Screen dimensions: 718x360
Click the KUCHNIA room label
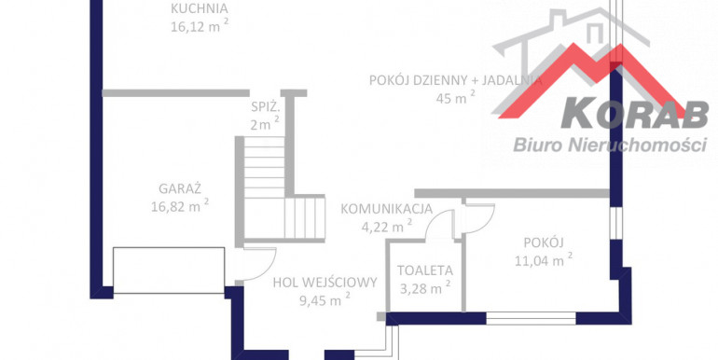[x=200, y=8]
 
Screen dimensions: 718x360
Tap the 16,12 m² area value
[x=200, y=26]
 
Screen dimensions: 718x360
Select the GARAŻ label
[x=180, y=188]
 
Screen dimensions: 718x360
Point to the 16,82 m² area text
[x=180, y=206]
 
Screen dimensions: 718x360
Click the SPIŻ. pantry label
[x=265, y=107]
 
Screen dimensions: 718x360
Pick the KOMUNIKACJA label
[x=386, y=209]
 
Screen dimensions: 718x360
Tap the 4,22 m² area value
[x=386, y=227]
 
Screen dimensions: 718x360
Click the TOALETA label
[x=425, y=270]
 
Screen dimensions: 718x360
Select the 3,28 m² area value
[x=425, y=288]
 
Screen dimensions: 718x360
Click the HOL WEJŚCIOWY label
[x=325, y=283]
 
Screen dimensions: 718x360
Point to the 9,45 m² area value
[x=325, y=300]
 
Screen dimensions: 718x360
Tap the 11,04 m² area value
[x=544, y=260]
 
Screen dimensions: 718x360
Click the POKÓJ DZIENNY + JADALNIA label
[x=456, y=80]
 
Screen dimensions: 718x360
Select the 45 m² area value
[x=456, y=97]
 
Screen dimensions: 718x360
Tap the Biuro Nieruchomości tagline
[x=611, y=145]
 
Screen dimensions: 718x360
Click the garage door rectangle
[x=169, y=270]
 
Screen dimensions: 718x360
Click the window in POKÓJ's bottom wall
[x=531, y=318]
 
